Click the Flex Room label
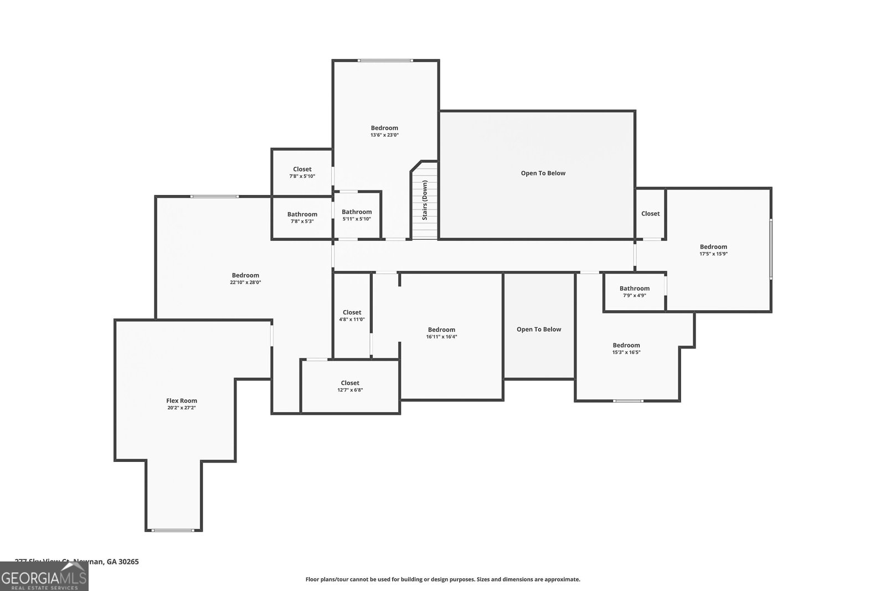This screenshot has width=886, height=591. point(182,400)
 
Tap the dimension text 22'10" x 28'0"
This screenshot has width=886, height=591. point(245,282)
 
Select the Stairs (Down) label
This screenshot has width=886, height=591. point(425,200)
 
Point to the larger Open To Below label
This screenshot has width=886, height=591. point(543,173)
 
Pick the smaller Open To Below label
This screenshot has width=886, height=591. point(539,330)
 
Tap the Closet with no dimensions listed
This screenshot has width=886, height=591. point(650,214)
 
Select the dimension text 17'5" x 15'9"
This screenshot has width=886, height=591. point(713,254)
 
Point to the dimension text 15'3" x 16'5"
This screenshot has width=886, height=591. point(626,352)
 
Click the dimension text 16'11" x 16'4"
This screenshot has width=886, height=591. point(441,337)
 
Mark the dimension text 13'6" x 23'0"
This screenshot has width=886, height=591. point(384,135)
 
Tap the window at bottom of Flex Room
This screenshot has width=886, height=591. point(173,530)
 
